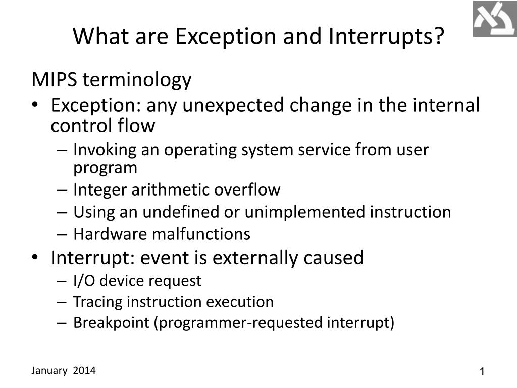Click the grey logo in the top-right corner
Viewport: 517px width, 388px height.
pos(494,19)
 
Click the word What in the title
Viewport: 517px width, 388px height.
pos(97,37)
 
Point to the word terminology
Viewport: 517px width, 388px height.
pos(137,80)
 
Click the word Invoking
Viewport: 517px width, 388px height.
pos(102,150)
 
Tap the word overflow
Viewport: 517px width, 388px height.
pos(247,190)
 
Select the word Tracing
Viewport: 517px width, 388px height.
pos(98,302)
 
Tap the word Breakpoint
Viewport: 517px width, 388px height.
pos(111,323)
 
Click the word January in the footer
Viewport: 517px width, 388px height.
pos(49,371)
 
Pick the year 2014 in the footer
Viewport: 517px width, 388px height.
pos(84,371)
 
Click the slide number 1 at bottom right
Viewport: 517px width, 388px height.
pos(482,372)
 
